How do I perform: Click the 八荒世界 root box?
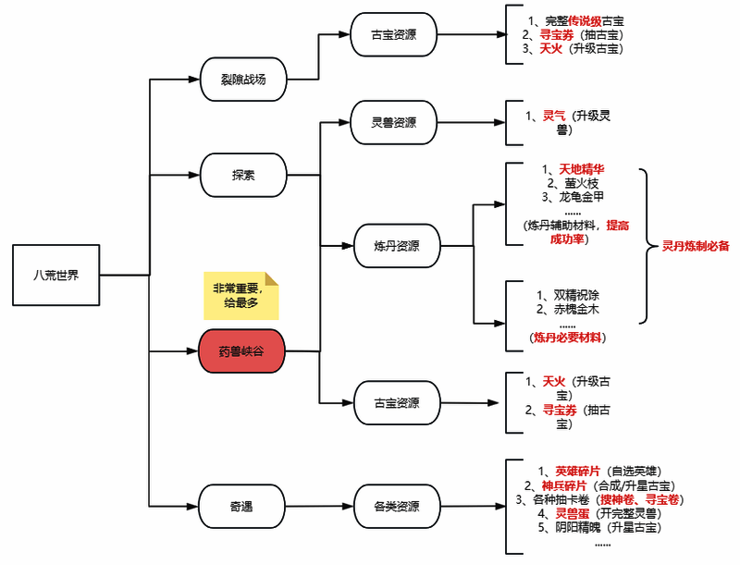[x=55, y=275]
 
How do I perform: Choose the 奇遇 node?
[x=241, y=507]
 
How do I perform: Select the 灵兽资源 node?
[x=393, y=123]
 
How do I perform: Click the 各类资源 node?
[x=396, y=507]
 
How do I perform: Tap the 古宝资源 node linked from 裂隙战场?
[x=393, y=37]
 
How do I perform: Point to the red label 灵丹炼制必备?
[x=697, y=246]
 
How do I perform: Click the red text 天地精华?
[x=581, y=169]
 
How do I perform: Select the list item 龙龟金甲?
[x=582, y=197]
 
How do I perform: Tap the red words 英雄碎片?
[x=577, y=471]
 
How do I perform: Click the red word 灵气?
[x=554, y=116]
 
